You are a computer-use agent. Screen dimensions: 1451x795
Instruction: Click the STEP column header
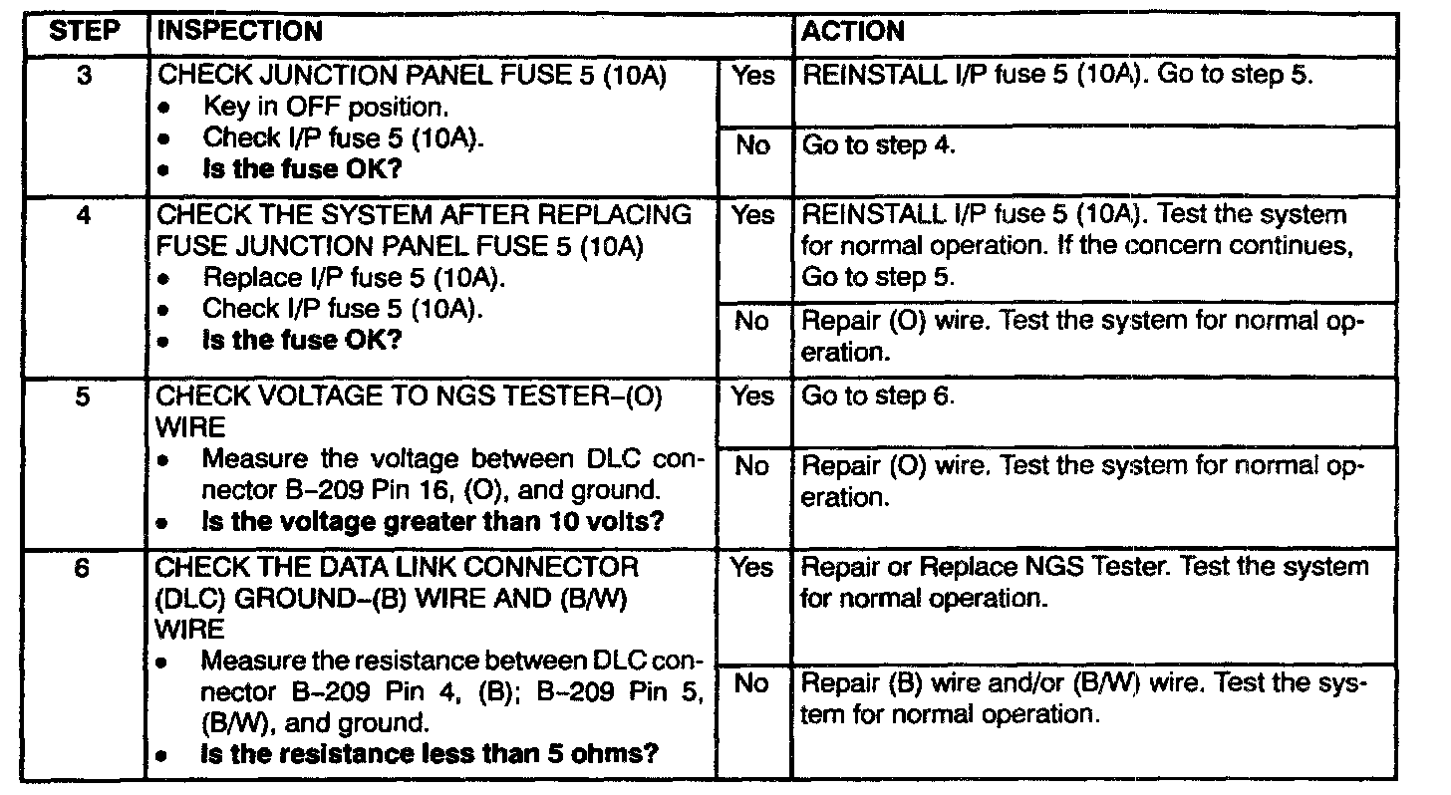click(x=84, y=31)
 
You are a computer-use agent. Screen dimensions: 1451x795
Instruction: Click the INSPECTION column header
click(x=239, y=31)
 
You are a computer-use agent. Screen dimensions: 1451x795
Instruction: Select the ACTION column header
click(x=853, y=31)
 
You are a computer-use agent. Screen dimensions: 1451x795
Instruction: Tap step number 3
click(x=84, y=75)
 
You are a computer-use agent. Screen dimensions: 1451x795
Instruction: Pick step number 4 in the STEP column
click(x=84, y=214)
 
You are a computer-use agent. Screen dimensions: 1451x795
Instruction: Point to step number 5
click(x=84, y=397)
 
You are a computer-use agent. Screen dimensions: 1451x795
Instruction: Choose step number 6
click(x=84, y=568)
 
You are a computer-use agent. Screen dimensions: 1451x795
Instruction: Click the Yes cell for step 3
click(x=753, y=76)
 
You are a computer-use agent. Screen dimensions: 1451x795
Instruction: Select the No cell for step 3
click(x=753, y=145)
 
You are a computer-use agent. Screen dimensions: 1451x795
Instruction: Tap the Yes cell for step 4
click(x=753, y=215)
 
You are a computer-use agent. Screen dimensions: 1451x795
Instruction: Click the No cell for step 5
click(x=753, y=466)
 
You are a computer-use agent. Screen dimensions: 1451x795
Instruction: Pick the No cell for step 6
click(x=753, y=683)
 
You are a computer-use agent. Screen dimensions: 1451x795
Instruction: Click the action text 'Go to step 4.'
click(x=879, y=145)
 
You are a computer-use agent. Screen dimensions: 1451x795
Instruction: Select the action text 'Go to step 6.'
click(x=879, y=397)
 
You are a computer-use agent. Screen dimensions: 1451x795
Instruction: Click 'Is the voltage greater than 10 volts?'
click(x=433, y=521)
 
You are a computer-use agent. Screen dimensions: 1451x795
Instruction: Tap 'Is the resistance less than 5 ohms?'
click(x=430, y=753)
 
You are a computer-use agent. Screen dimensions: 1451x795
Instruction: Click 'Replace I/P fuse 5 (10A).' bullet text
click(x=354, y=277)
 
